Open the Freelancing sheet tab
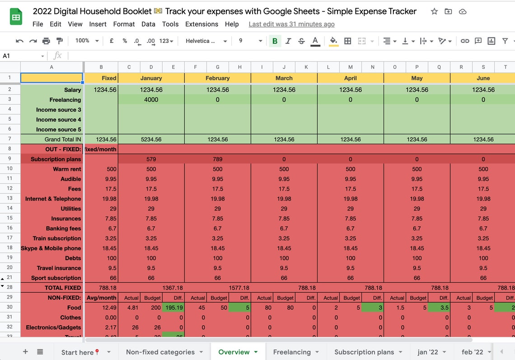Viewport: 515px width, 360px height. pos(291,352)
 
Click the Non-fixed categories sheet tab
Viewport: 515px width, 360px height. pos(160,352)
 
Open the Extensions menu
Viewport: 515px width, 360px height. pos(201,24)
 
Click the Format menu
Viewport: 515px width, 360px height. pos(124,24)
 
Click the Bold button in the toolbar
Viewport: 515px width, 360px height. pos(275,41)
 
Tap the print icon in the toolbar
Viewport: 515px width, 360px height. pos(46,41)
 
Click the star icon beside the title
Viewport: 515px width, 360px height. pos(434,11)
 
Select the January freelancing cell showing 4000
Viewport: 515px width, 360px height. pos(151,99)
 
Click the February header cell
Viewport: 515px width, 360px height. pos(217,78)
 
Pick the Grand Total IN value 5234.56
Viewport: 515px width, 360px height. pos(151,140)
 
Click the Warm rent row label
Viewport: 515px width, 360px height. pos(67,169)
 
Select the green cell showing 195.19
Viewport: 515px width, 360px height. pos(173,308)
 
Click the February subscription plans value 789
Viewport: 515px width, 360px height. pos(217,159)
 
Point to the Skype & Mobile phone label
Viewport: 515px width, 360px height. pos(51,248)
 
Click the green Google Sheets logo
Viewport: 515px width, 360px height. pos(16,17)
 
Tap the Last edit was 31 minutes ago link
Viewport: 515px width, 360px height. pos(291,24)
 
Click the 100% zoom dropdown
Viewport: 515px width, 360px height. pos(87,41)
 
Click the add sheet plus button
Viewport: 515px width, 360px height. pos(25,352)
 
